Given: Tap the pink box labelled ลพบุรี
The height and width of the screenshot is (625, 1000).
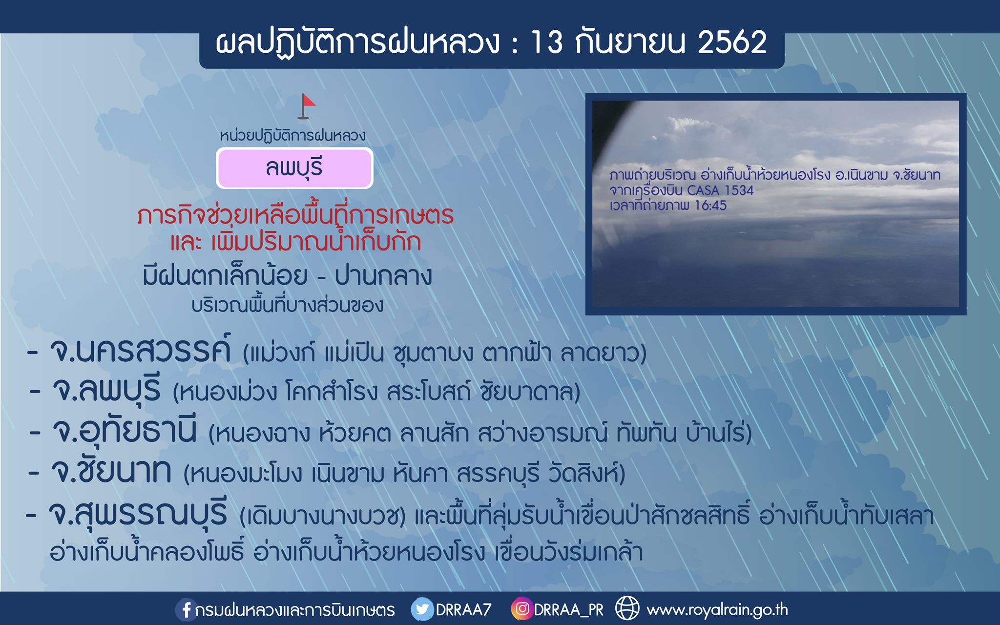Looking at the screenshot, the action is click(x=294, y=168).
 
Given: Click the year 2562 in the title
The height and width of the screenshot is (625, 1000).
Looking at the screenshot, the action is click(x=732, y=42).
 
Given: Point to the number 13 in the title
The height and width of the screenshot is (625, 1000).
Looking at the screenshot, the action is click(x=546, y=42).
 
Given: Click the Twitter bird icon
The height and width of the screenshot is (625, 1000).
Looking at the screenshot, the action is click(x=422, y=609).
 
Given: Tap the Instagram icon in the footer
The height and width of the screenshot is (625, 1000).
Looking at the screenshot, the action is click(x=522, y=609).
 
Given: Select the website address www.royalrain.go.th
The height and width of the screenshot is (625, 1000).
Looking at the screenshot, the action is click(x=717, y=610).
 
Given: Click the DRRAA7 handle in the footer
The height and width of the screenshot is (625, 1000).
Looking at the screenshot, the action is click(x=463, y=610).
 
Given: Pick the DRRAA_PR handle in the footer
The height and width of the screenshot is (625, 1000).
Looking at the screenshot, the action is click(x=569, y=610).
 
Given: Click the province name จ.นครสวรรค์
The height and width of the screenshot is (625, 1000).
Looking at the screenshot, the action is click(x=141, y=349).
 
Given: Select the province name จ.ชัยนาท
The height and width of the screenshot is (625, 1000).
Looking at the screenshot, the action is click(x=111, y=471).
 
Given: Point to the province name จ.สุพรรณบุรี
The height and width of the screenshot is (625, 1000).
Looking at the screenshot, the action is click(x=138, y=513).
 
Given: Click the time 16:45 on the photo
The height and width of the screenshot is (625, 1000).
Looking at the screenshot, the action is click(x=710, y=206).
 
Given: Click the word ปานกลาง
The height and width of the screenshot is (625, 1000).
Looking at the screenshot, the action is click(x=383, y=276).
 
